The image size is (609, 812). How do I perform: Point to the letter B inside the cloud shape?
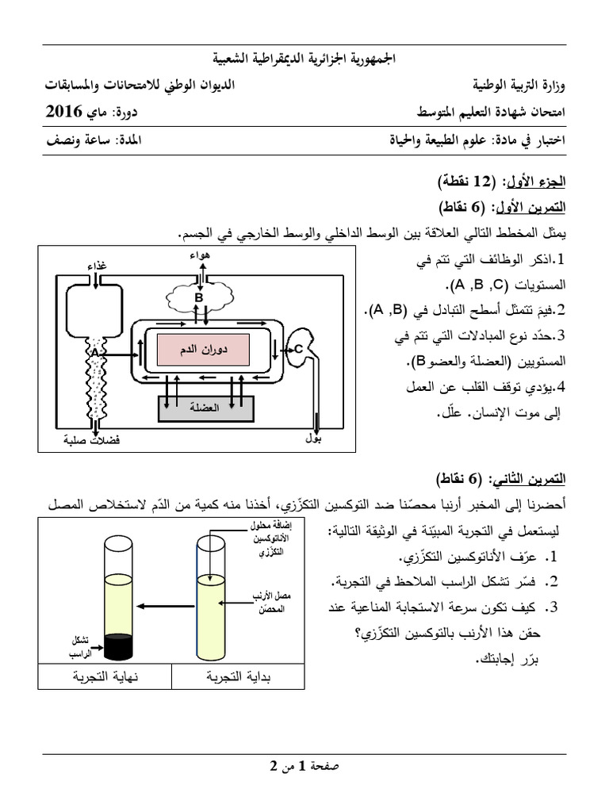pos(200,297)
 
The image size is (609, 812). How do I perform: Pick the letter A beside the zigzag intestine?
pos(94,350)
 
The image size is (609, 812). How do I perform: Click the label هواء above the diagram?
pos(200,256)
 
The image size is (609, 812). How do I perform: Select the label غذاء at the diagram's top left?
pos(97,266)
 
